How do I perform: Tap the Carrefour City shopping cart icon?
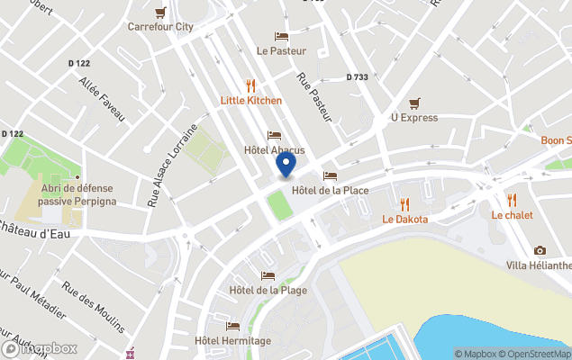point(160,13)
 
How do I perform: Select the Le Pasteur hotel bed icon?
point(281,37)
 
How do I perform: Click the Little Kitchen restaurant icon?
point(251,86)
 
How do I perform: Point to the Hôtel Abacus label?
point(275,150)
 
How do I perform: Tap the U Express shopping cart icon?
point(414,103)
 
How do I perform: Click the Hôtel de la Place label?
point(330,190)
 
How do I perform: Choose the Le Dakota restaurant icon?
point(404,204)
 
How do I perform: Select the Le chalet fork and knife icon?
point(512,201)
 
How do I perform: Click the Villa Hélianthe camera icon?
point(540,250)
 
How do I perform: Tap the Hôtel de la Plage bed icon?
point(268,275)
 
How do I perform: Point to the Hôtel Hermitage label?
point(232,341)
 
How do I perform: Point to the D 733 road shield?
point(357,77)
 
